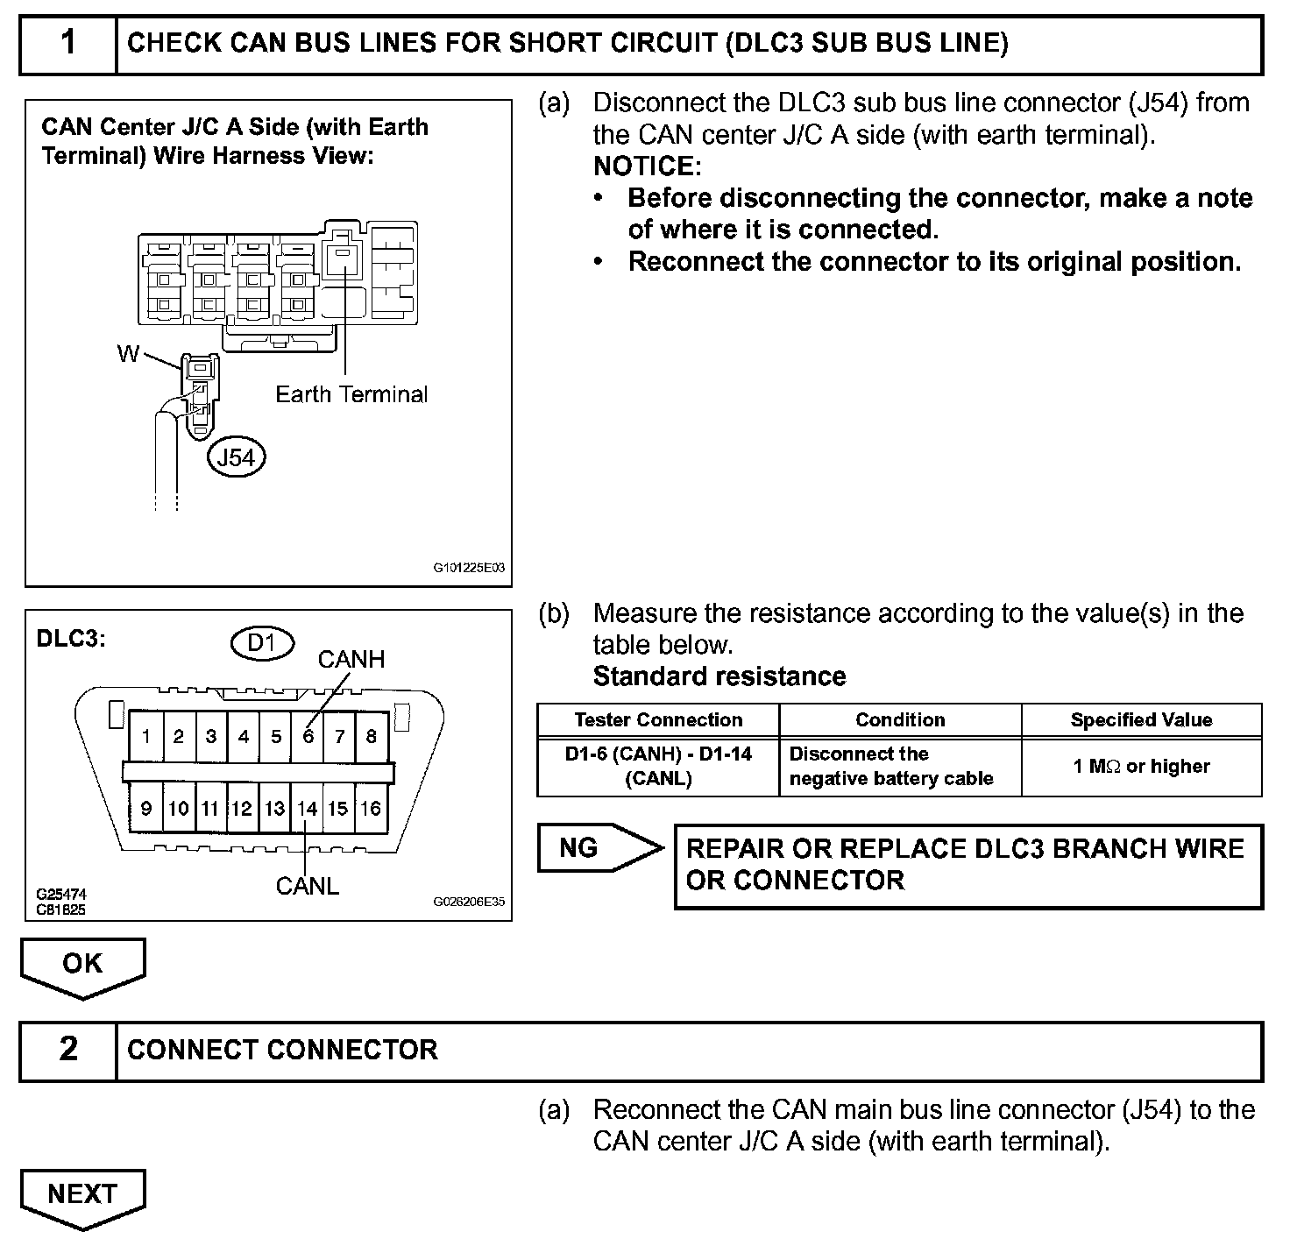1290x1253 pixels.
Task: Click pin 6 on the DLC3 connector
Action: point(308,737)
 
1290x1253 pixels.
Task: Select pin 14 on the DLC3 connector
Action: point(307,809)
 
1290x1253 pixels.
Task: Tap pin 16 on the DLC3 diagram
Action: point(371,809)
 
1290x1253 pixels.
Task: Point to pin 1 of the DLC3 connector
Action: point(146,737)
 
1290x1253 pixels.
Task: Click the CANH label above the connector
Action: point(351,659)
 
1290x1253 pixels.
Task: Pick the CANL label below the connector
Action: point(307,886)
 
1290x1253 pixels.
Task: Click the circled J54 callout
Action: point(236,457)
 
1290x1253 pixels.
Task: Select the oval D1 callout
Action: point(262,643)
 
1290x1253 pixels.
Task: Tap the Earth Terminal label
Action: point(351,394)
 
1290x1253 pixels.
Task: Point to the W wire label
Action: point(128,354)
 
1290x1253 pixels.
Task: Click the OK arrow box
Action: point(82,965)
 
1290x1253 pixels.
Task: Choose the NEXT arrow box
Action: point(82,1195)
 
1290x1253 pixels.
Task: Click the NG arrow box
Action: point(596,847)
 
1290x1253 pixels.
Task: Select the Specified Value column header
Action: point(1141,720)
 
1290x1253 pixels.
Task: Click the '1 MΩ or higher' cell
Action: point(1141,767)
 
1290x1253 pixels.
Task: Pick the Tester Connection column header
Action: point(658,720)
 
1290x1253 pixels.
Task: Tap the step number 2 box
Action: point(68,1050)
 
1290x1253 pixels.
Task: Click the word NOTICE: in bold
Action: point(647,166)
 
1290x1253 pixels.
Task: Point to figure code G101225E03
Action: point(469,568)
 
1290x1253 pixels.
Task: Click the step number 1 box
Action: point(68,43)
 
